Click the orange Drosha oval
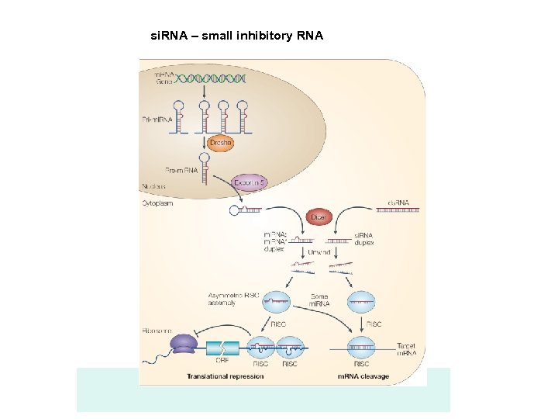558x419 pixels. click(221, 143)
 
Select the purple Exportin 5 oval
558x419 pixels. click(249, 182)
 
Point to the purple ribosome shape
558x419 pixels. click(184, 343)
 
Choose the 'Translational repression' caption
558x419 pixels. click(225, 376)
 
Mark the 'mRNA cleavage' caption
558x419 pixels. click(363, 376)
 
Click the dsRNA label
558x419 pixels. click(398, 204)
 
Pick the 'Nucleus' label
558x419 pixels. click(154, 186)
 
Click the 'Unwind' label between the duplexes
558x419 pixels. click(319, 252)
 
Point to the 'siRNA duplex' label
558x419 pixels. click(363, 238)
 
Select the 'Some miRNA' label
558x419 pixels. click(319, 300)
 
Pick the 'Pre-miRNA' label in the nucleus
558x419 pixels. click(180, 169)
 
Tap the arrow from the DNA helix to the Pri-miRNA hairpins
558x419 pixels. click(202, 91)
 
